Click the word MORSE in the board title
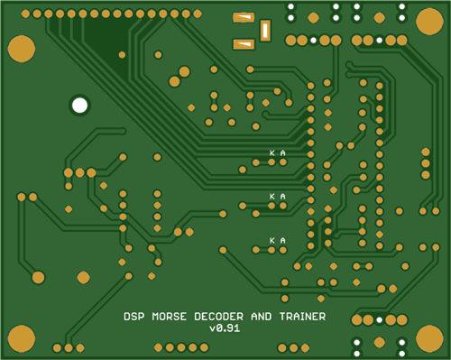[170, 317]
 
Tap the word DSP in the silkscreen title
[134, 317]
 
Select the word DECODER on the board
[218, 317]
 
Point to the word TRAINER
[302, 317]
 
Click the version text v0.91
[225, 328]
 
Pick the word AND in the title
[262, 317]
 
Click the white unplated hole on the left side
[80, 106]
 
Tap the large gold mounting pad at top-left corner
[22, 49]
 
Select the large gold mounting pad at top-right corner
[429, 22]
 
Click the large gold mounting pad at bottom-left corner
[22, 338]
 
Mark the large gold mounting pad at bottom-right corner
[429, 338]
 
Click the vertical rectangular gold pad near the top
[265, 31]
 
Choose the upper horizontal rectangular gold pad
[244, 17]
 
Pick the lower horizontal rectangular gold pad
[244, 44]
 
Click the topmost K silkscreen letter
[272, 153]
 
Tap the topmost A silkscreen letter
[282, 153]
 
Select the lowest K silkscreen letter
[272, 240]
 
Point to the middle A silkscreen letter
[282, 197]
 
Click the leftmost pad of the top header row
[25, 14]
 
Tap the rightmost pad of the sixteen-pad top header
[198, 14]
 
